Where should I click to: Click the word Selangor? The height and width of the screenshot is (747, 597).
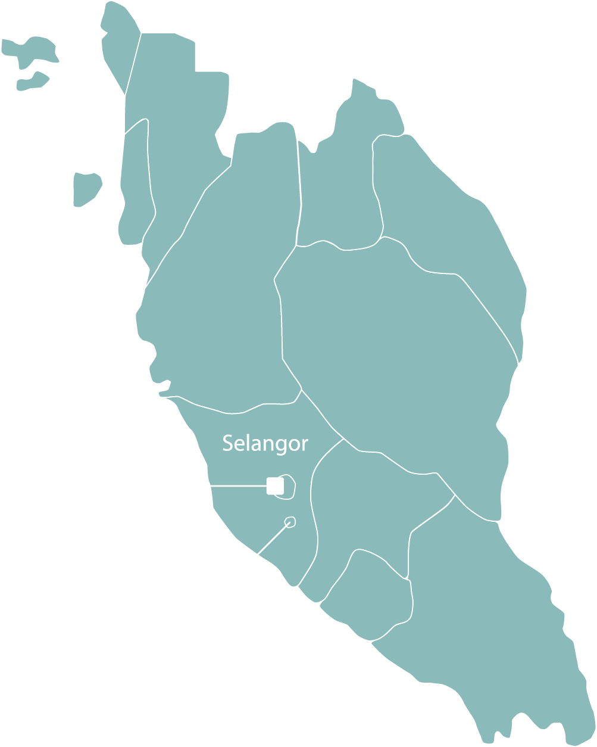pyautogui.click(x=265, y=444)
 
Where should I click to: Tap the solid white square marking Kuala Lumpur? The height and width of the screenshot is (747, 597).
pyautogui.click(x=275, y=486)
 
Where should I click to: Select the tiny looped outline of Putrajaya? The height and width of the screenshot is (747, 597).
pyautogui.click(x=290, y=522)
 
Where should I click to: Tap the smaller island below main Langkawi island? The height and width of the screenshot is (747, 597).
pyautogui.click(x=33, y=83)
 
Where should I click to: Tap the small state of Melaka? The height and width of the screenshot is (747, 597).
pyautogui.click(x=369, y=596)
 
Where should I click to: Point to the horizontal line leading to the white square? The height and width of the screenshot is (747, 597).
pyautogui.click(x=238, y=487)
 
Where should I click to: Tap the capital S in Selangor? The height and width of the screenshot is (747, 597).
pyautogui.click(x=227, y=443)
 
